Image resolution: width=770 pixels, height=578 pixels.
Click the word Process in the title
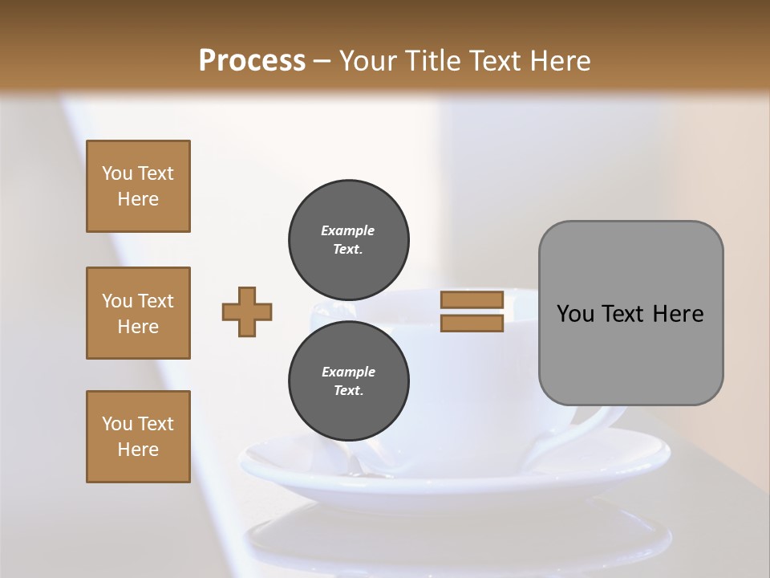252,61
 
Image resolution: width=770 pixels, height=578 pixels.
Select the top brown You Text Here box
138,186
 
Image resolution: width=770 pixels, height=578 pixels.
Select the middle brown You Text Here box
138,313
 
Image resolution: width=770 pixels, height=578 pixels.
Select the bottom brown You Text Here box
138,437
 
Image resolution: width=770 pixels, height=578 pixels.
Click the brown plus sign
247,311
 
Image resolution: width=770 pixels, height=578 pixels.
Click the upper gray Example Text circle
349,239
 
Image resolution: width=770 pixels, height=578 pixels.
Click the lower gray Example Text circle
349,381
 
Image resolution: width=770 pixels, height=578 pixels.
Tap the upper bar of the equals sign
472,300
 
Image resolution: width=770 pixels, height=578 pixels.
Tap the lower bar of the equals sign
472,324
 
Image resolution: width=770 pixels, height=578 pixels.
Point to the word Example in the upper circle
348,230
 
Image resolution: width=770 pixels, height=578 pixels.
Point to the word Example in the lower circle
348,372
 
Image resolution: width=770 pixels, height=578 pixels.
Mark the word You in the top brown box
117,173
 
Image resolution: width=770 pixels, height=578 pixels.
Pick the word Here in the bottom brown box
138,450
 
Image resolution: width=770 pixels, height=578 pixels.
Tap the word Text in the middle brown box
155,301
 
